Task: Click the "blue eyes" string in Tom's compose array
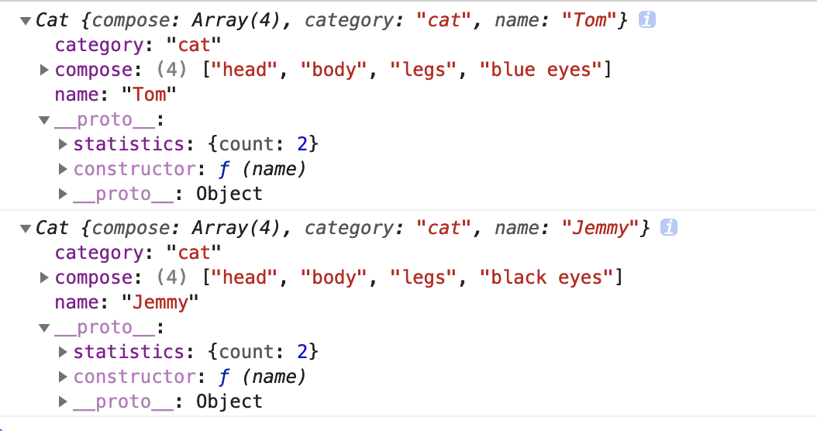tap(541, 70)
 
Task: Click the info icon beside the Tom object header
tap(647, 20)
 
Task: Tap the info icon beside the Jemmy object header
tap(669, 228)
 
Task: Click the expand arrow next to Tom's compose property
tap(45, 70)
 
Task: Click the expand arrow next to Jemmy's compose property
tap(45, 278)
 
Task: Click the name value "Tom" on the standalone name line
tap(150, 95)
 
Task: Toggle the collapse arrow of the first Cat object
tap(26, 21)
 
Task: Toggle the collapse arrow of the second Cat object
tap(26, 229)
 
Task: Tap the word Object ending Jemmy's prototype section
tap(229, 402)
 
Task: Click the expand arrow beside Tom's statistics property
tap(64, 144)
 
